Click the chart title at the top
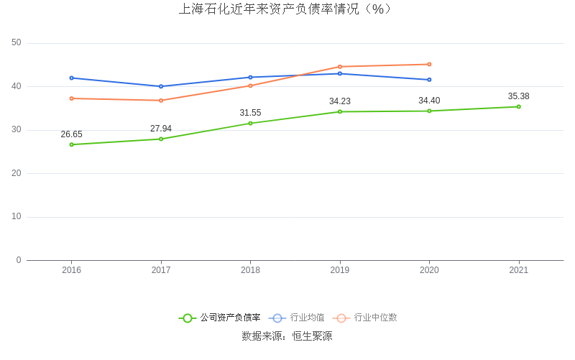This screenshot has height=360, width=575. point(287,9)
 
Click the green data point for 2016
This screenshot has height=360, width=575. point(72,144)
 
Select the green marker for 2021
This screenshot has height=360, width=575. point(518,107)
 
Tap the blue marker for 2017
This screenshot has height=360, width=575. point(161,86)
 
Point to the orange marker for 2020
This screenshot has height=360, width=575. point(429,64)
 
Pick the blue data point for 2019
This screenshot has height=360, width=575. point(340,73)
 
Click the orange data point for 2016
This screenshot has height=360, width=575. point(72,98)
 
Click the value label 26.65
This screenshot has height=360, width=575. point(72,134)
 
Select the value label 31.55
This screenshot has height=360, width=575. point(250,113)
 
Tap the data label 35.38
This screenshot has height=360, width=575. point(518,96)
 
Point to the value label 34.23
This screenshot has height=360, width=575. point(340,101)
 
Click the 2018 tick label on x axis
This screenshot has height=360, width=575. point(250,270)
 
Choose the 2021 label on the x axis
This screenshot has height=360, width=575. point(518,270)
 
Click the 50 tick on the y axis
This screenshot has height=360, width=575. point(17,43)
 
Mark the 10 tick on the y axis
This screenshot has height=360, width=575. point(17,217)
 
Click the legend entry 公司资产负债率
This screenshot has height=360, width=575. point(220,318)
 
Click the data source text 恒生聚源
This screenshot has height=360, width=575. point(312,336)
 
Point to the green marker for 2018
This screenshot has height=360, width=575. point(250,124)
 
